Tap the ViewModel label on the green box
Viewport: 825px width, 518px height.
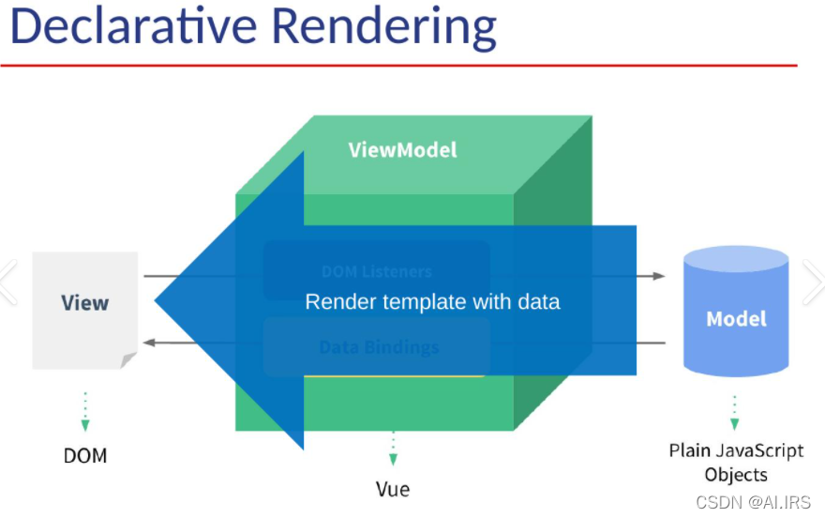[402, 150]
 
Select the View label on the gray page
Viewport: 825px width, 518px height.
[84, 303]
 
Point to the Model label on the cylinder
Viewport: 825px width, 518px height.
[736, 319]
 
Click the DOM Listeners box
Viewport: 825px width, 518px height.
[376, 271]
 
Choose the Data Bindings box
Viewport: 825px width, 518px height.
[378, 347]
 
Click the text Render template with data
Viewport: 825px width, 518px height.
[432, 302]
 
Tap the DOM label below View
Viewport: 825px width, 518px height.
[85, 456]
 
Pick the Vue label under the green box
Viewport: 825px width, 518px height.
[393, 489]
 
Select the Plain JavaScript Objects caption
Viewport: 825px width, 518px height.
[736, 463]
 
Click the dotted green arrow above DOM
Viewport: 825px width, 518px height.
[85, 411]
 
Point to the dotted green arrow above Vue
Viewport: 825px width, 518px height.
[393, 449]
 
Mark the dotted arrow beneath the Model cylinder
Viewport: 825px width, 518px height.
[735, 411]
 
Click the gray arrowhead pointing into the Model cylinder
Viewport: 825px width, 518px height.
[658, 276]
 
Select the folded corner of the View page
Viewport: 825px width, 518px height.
[128, 361]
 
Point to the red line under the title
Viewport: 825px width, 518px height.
[398, 66]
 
